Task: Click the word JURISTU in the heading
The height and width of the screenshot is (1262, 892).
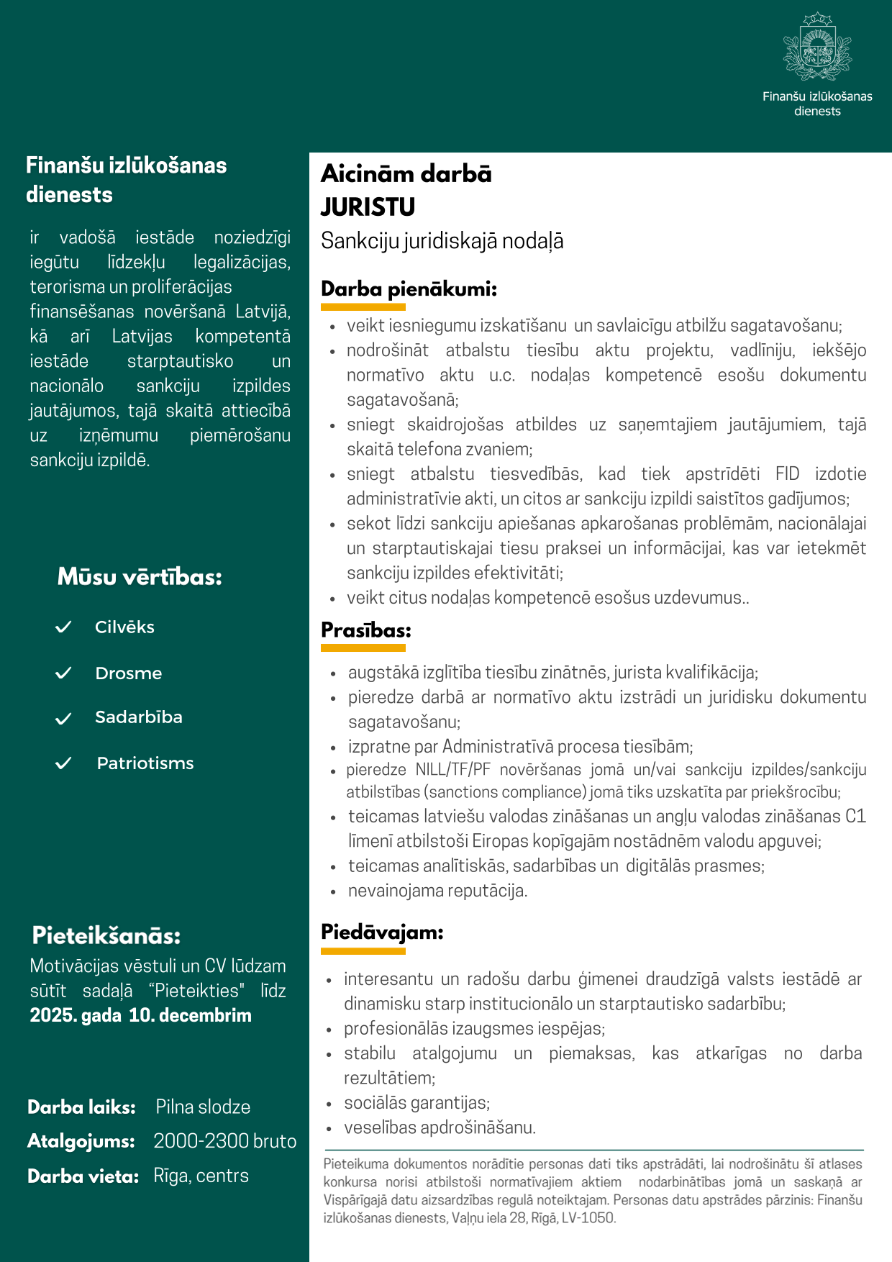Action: point(368,207)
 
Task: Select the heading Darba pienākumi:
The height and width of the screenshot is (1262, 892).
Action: point(409,289)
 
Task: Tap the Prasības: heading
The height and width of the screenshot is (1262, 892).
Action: point(365,630)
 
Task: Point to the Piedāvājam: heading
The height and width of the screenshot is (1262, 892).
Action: point(382,932)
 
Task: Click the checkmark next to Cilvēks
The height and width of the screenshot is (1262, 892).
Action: point(63,627)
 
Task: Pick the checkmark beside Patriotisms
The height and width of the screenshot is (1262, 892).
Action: point(63,763)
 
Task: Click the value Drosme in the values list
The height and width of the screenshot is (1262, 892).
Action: point(128,673)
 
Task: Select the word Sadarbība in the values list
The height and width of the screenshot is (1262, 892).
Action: point(138,717)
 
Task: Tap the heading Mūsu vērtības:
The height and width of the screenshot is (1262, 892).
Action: point(140,576)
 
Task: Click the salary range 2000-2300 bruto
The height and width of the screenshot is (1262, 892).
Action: point(224,1141)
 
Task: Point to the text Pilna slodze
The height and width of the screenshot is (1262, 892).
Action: point(203,1107)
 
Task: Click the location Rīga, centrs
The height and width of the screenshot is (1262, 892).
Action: point(201,1176)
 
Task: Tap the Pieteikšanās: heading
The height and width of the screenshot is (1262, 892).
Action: point(106,935)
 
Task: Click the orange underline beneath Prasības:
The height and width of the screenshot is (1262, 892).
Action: point(363,648)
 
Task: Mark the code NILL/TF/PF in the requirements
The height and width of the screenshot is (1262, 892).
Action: point(452,770)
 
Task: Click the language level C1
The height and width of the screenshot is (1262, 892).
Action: point(855,816)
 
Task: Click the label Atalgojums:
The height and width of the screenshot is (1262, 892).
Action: point(81,1141)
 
